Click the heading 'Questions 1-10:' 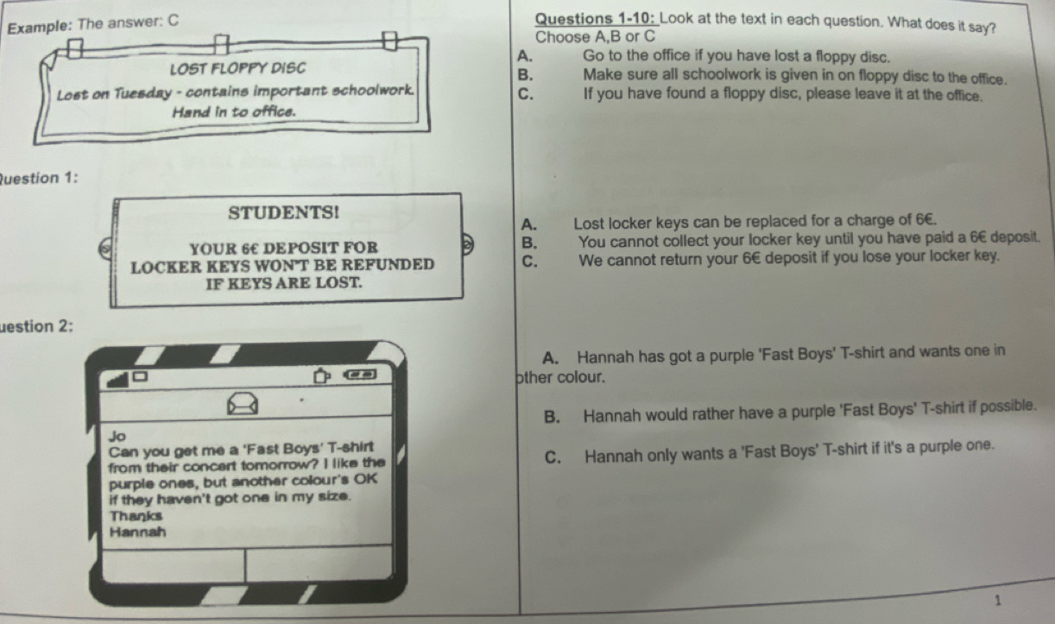(596, 19)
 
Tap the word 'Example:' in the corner (39, 27)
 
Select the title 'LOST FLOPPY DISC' (237, 69)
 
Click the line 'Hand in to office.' (234, 112)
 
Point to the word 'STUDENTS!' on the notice (283, 213)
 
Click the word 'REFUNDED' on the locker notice (388, 265)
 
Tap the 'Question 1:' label (38, 178)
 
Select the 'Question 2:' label (36, 326)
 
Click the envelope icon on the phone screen (243, 404)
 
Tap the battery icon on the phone (360, 375)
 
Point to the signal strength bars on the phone (117, 380)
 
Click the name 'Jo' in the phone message (117, 437)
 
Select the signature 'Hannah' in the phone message (137, 533)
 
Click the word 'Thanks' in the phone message (136, 515)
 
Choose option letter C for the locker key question (530, 262)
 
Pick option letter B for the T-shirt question (552, 417)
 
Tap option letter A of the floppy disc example (525, 56)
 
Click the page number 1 (997, 600)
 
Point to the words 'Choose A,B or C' (595, 37)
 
